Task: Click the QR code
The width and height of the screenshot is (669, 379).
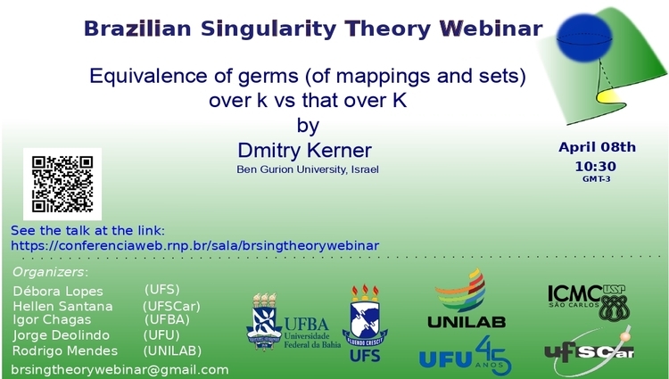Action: click(62, 185)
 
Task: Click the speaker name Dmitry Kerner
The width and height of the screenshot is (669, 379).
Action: click(305, 151)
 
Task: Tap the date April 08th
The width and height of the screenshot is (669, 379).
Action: click(597, 147)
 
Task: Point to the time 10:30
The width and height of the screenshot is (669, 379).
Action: click(596, 166)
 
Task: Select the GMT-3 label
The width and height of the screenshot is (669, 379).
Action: click(597, 179)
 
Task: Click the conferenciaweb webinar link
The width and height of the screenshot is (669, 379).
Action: click(195, 246)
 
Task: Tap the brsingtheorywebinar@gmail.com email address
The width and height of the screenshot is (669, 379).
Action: click(120, 369)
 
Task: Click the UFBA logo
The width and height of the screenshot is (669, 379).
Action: click(293, 321)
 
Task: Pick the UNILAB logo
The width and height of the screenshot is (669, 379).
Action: click(467, 299)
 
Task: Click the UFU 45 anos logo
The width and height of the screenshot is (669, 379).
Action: click(465, 356)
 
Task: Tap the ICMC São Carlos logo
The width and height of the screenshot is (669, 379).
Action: click(589, 302)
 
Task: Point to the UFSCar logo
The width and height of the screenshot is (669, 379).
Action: click(590, 350)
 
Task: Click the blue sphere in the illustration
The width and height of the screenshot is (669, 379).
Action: click(584, 37)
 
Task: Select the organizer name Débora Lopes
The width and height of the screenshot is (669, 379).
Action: click(58, 292)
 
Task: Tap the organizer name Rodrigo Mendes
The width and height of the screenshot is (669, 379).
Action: click(65, 350)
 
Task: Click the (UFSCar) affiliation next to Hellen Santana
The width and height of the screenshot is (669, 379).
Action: click(171, 306)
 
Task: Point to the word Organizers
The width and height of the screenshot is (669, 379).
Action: click(48, 272)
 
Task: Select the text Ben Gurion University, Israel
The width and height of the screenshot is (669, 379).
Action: click(308, 169)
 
